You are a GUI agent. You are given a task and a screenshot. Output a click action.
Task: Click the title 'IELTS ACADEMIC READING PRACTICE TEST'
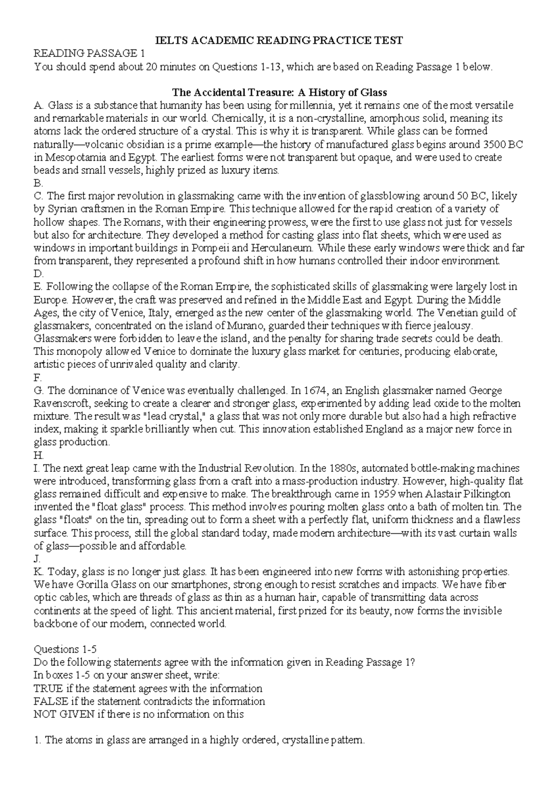[x=279, y=41]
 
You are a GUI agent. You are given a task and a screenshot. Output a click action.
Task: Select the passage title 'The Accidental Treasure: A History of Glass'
[x=279, y=92]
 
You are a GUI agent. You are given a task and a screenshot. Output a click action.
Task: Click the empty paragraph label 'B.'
[x=38, y=183]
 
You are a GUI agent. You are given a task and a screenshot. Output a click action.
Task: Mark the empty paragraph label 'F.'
[x=38, y=377]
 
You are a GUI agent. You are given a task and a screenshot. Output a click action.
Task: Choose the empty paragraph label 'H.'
[x=39, y=455]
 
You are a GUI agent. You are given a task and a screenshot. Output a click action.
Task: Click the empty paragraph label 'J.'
[x=37, y=558]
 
